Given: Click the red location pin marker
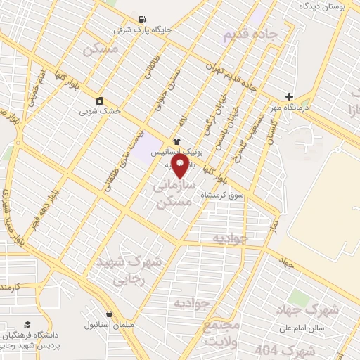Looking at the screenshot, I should [180, 165].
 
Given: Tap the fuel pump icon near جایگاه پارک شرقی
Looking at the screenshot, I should [143, 19].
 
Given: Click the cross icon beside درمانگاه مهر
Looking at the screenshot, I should [290, 96].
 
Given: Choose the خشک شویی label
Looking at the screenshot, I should [100, 111].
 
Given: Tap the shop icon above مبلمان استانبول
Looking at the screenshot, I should [109, 314].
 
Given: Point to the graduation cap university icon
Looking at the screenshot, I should [27, 324].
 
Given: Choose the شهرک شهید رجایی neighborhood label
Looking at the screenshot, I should [127, 269].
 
